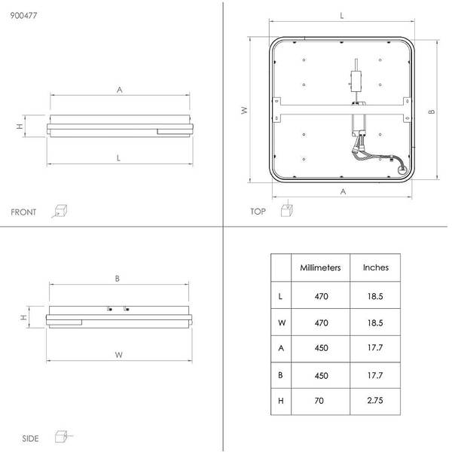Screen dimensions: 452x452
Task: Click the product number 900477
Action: click(23, 15)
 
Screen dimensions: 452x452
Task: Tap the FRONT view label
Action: click(23, 212)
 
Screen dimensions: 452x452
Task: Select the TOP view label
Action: click(258, 212)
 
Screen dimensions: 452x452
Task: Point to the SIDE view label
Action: click(30, 438)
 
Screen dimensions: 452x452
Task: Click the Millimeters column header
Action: click(320, 267)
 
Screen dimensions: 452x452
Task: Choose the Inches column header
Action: click(376, 267)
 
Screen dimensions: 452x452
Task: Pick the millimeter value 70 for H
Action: click(319, 401)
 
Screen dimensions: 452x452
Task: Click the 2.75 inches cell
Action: click(375, 401)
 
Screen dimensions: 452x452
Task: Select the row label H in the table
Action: click(281, 401)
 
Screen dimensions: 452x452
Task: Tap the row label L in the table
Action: click(280, 296)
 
